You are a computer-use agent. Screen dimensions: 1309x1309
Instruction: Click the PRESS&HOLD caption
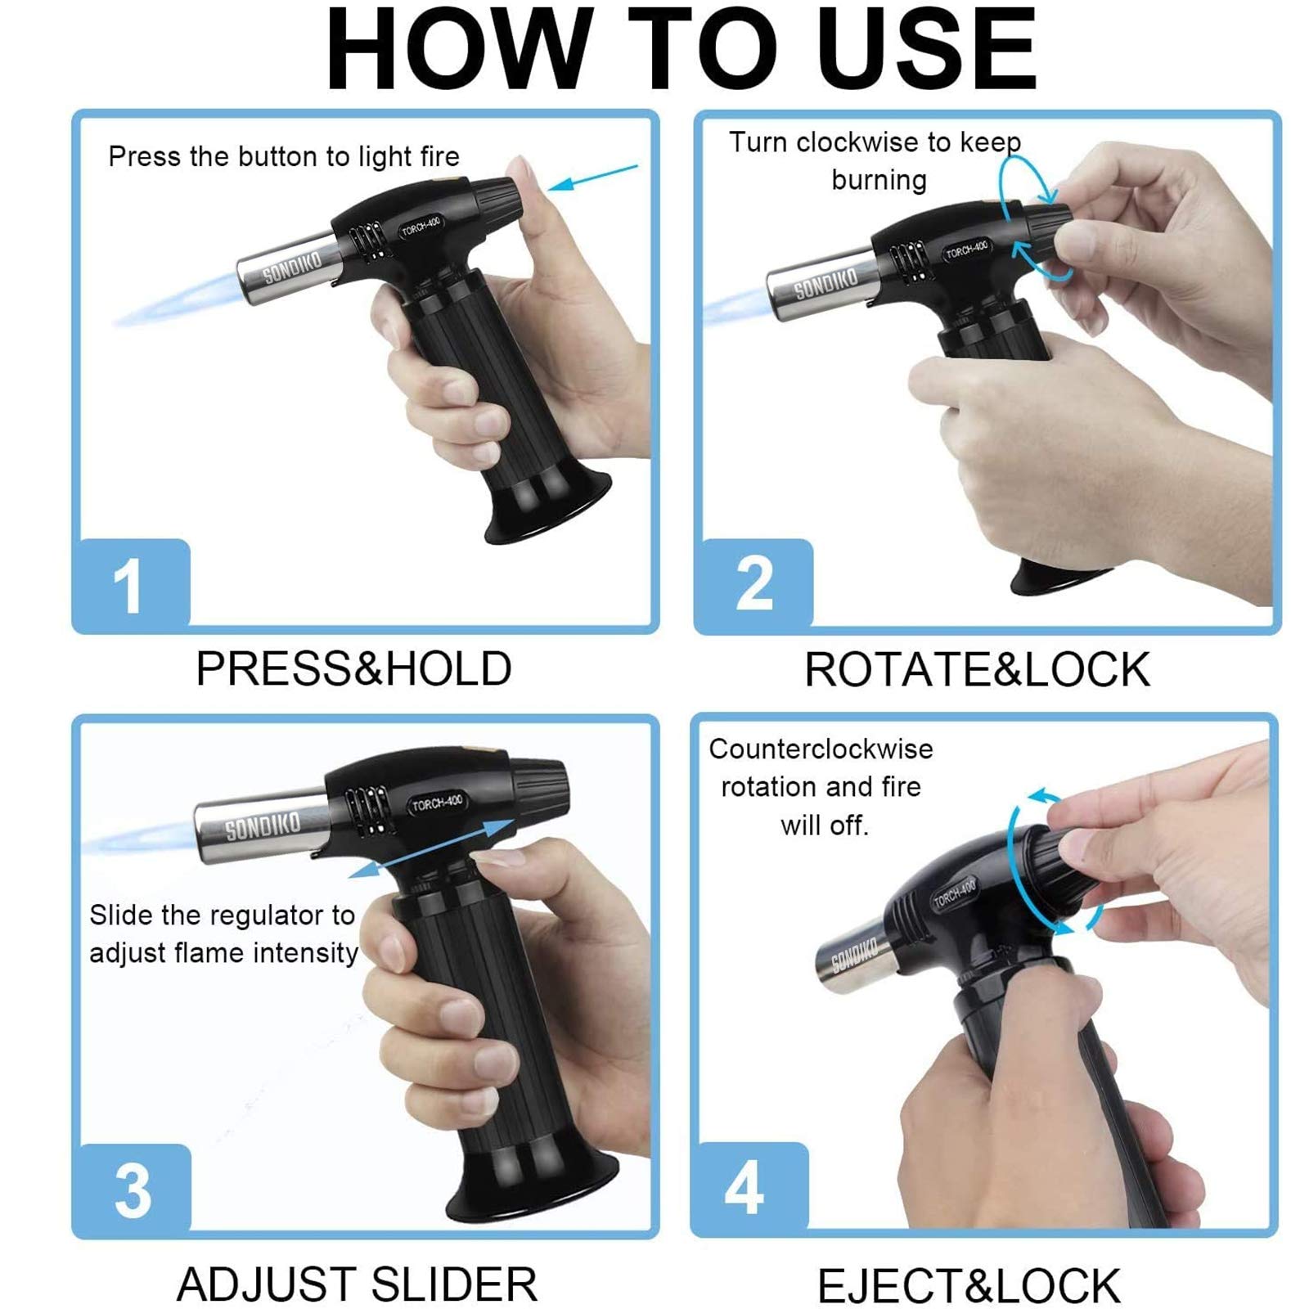point(353,668)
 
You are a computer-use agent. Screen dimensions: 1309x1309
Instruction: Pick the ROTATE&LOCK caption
point(977,670)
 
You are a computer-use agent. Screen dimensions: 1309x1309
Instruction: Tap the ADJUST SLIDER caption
point(358,1284)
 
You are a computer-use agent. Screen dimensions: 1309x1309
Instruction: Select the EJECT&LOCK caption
point(969,1285)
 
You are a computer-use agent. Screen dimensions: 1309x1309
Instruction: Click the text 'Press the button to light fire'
point(284,156)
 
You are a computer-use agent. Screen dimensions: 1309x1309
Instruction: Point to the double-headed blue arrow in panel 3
point(432,848)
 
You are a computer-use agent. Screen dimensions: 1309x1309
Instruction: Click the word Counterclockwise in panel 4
point(821,749)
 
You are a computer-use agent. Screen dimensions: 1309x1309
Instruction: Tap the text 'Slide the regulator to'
point(222,915)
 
